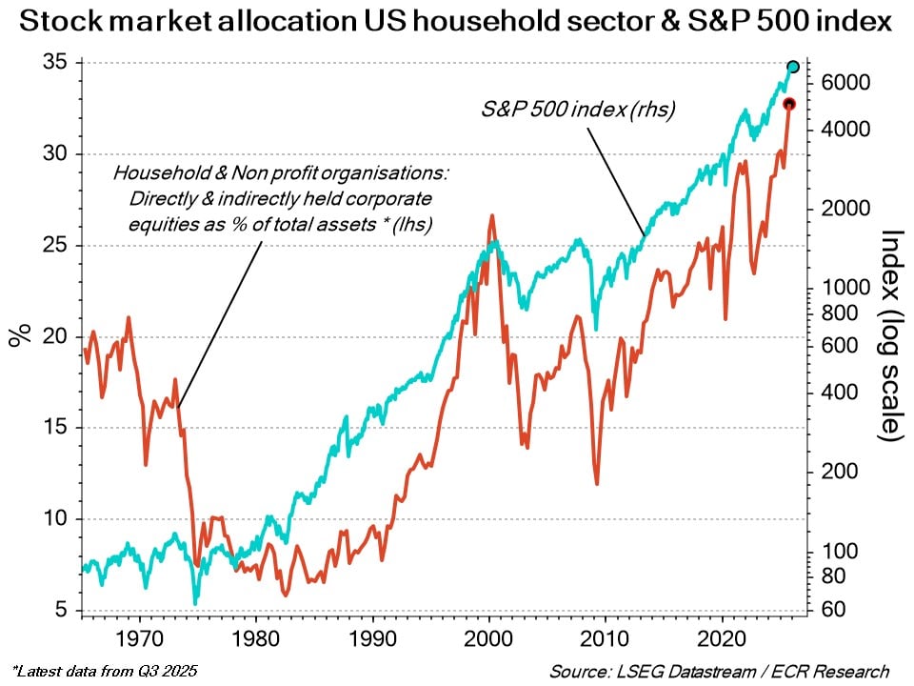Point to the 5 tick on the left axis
pos(62,611)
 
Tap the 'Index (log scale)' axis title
pos(890,335)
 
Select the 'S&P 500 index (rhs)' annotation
pos(578,110)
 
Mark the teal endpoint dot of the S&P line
pos(793,67)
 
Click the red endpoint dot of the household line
pos(788,104)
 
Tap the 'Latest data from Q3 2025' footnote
pos(105,670)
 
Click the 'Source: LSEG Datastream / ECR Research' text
pos(719,671)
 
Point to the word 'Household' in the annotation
pos(149,174)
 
